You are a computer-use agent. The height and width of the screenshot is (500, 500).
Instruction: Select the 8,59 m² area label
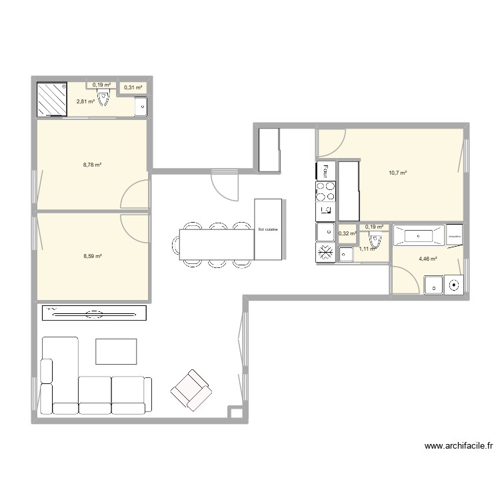click(x=92, y=256)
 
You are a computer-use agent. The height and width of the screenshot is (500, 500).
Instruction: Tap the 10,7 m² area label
click(x=397, y=173)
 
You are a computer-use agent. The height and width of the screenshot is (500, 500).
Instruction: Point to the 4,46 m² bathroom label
click(x=427, y=259)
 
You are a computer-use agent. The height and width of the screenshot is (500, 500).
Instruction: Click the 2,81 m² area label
click(x=85, y=101)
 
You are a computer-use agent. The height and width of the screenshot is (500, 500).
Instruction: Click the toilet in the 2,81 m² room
click(x=103, y=99)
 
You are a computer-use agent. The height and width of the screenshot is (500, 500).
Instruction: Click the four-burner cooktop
click(x=325, y=191)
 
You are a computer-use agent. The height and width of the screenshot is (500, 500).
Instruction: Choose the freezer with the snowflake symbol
click(x=325, y=253)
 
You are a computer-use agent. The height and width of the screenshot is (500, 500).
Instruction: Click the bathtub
click(x=418, y=235)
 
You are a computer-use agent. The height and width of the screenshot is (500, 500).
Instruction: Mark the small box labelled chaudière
click(x=455, y=235)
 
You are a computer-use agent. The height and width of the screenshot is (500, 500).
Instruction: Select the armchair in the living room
click(x=191, y=389)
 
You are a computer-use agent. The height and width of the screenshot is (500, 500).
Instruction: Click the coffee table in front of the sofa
click(x=116, y=351)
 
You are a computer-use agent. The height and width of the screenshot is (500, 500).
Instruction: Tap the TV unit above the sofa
click(x=94, y=312)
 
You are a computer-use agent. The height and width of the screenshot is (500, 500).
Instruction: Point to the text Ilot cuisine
click(x=268, y=229)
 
